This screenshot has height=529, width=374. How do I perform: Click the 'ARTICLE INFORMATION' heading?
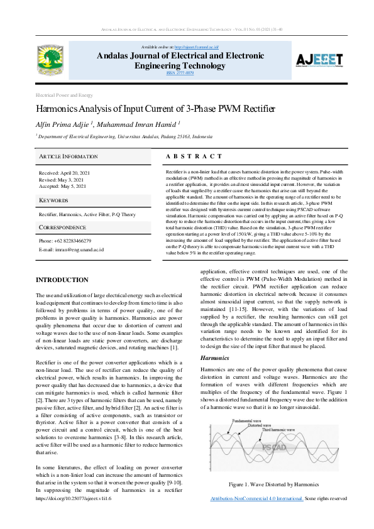point(69,156)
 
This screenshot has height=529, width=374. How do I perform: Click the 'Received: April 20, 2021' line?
point(65,173)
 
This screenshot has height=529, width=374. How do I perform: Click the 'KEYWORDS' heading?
point(53,200)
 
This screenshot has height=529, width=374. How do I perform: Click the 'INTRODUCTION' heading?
point(62,280)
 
